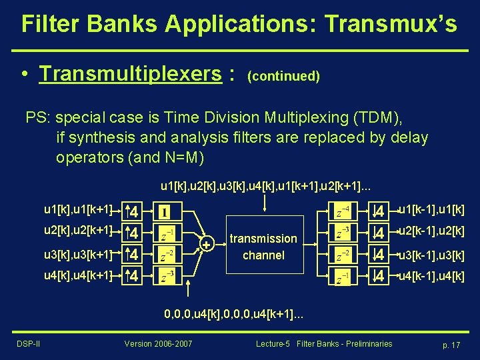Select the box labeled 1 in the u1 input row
(x=164, y=213)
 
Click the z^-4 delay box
(x=341, y=213)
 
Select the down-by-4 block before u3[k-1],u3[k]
(x=379, y=255)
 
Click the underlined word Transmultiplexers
(x=131, y=74)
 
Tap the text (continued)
(x=283, y=76)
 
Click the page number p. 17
(x=451, y=345)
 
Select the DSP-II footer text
(x=28, y=344)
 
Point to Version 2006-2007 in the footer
(x=158, y=344)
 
